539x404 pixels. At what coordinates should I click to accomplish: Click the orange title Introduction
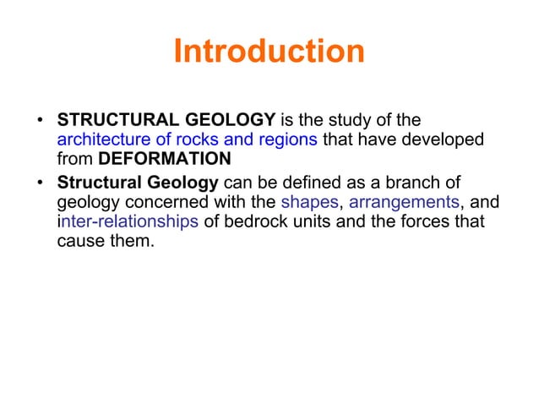tap(269, 52)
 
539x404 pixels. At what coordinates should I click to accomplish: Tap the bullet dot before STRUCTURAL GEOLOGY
tap(41, 120)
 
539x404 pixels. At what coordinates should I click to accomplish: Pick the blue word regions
tap(285, 139)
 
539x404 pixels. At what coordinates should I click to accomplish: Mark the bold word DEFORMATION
tap(165, 159)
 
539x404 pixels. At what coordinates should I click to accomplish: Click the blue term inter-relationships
tap(128, 221)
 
